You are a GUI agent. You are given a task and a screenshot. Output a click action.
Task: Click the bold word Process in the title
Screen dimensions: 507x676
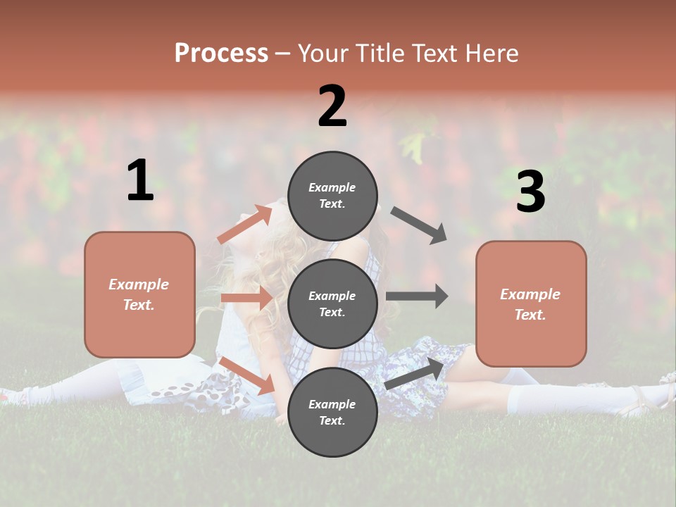[x=221, y=53]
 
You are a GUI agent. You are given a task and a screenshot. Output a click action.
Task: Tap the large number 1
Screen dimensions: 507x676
[x=140, y=180]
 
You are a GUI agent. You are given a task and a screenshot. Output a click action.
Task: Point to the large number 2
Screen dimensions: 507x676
[x=332, y=106]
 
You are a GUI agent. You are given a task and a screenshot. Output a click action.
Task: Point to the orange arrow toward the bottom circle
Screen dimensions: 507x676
[x=246, y=375]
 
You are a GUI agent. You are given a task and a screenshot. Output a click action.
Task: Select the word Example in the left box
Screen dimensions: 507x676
[x=139, y=284]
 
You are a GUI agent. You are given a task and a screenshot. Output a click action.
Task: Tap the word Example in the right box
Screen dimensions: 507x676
[x=530, y=294]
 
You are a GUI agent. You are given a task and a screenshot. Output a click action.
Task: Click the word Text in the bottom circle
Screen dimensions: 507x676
[x=331, y=420]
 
